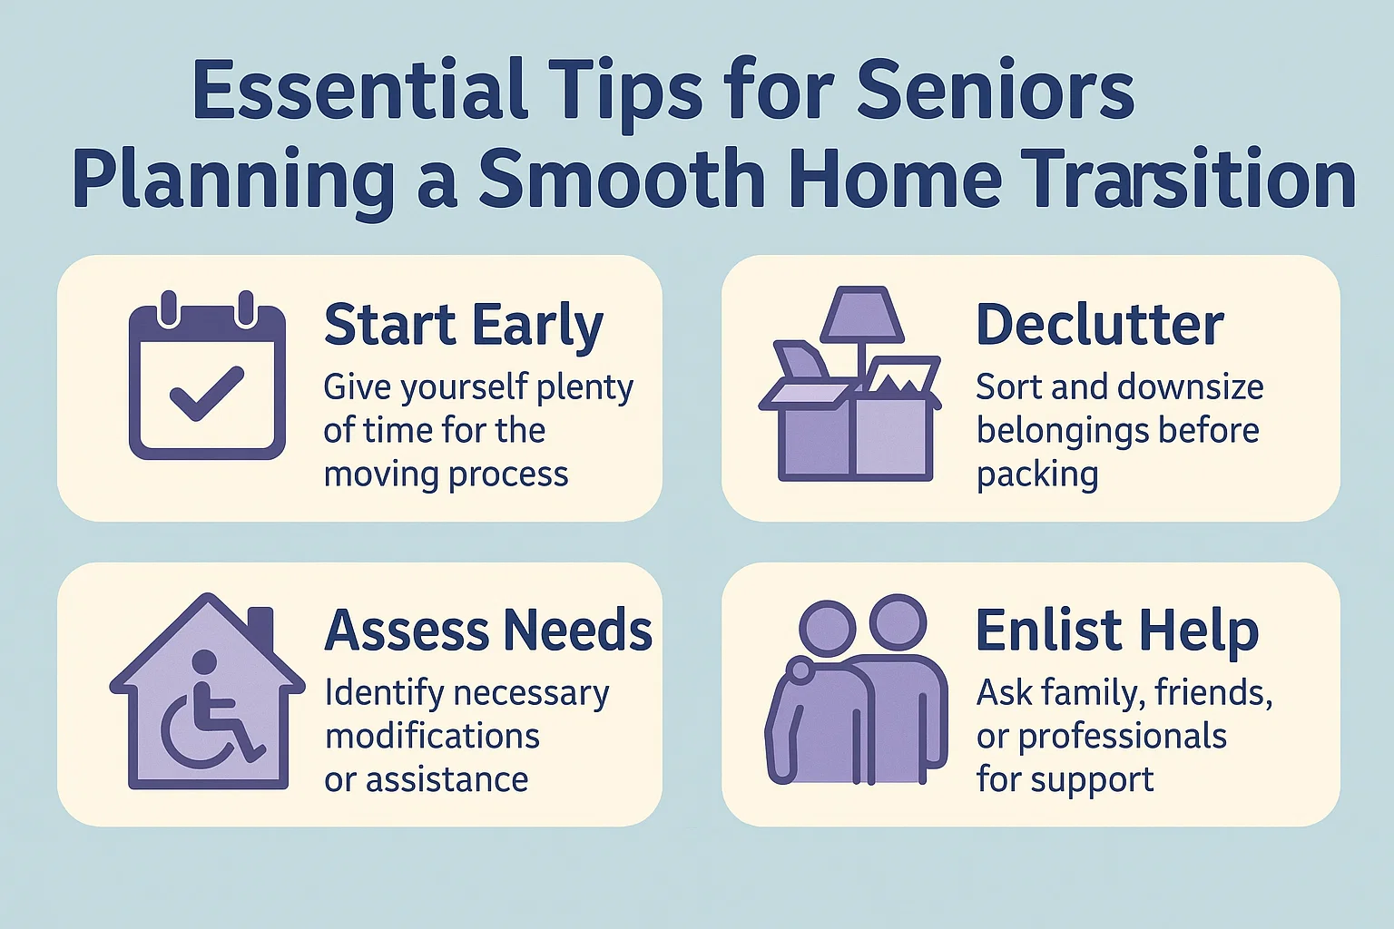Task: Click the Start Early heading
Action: (463, 325)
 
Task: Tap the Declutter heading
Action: (1099, 325)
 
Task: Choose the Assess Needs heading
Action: (488, 631)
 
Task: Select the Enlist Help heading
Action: (1116, 631)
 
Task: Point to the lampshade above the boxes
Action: (862, 315)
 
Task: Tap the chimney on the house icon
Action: (260, 628)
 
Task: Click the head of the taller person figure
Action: (898, 622)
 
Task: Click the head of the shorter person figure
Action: (827, 627)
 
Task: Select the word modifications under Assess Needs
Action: (432, 736)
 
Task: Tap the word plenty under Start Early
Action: (584, 387)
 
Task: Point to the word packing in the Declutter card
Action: (1036, 474)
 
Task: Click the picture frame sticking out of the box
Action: (904, 376)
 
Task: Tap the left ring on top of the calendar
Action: (168, 308)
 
